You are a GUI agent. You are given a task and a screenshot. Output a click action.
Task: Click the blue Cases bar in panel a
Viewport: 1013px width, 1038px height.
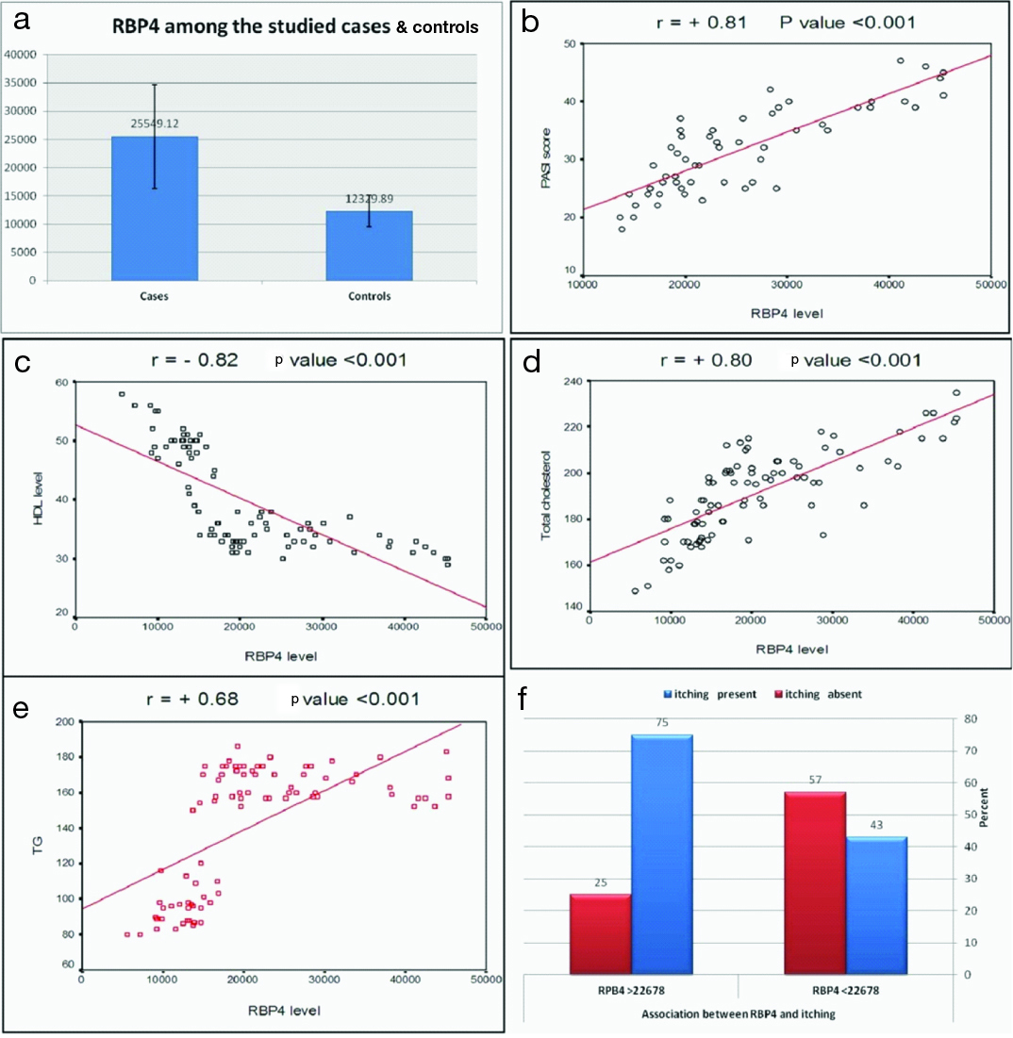tap(155, 208)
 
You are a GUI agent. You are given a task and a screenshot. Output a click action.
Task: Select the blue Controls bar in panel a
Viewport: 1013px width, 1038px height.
tap(369, 246)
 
